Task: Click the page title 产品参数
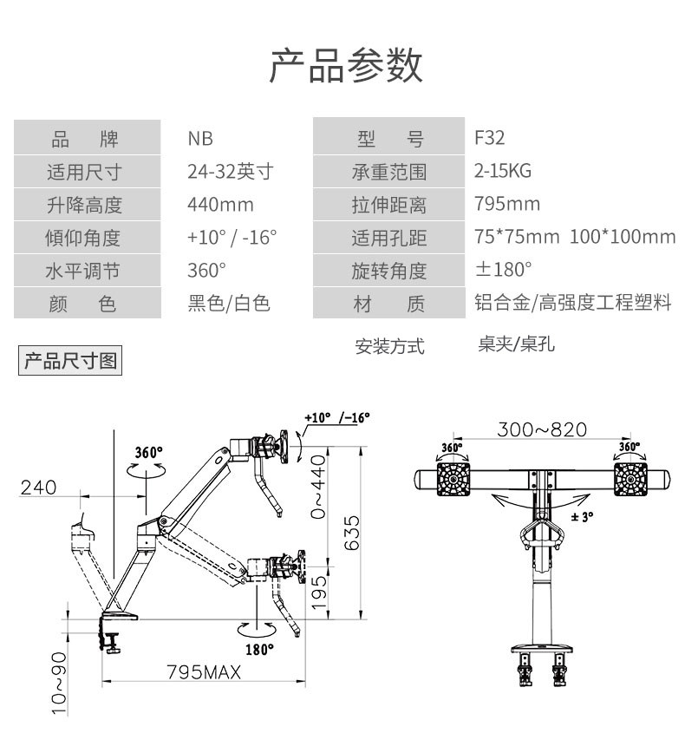346,67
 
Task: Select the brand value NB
200,139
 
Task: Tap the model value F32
489,138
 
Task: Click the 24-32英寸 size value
230,172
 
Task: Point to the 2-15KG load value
503,171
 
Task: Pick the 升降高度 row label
84,205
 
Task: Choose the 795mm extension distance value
507,204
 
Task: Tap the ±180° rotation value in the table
504,269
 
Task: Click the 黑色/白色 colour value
229,304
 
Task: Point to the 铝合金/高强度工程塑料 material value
573,303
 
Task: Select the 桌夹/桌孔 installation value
516,344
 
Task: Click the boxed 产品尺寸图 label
70,360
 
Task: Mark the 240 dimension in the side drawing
38,488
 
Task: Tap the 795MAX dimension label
204,672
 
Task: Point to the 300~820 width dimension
542,429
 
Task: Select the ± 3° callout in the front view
582,517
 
